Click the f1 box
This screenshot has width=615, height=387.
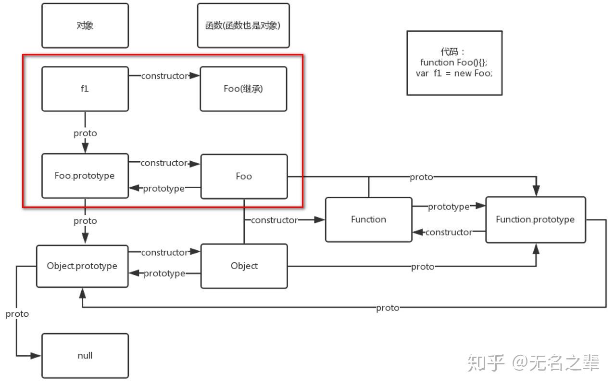tap(85, 89)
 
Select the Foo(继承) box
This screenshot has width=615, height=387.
tap(243, 89)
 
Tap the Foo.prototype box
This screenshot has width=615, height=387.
tap(85, 176)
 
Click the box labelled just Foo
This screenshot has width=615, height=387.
tap(244, 176)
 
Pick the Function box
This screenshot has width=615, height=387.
tap(368, 219)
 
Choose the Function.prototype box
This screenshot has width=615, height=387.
tap(535, 219)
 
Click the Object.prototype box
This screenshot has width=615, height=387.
tap(82, 266)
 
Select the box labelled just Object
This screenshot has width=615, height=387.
tap(244, 266)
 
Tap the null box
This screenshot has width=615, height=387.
tap(85, 356)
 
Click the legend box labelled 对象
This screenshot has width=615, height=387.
tap(85, 26)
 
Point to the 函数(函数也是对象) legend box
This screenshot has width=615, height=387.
tap(243, 26)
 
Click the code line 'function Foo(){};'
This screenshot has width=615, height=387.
tap(453, 63)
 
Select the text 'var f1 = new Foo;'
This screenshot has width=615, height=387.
tap(454, 74)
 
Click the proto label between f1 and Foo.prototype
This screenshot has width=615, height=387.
tap(85, 133)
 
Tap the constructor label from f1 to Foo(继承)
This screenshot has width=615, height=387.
tap(164, 76)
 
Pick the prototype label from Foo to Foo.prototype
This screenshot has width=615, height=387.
tap(163, 189)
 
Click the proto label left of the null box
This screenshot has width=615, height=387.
tap(17, 314)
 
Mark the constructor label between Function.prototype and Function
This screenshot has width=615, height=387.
tap(448, 232)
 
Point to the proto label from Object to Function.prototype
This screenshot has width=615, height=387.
tap(423, 267)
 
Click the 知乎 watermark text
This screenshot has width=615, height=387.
tap(485, 362)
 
